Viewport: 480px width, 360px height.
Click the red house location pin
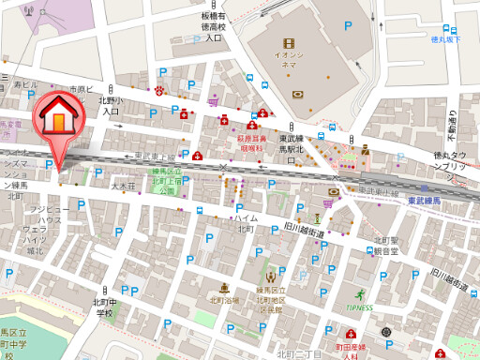point(56,119)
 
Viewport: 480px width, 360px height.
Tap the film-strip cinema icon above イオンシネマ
point(289,42)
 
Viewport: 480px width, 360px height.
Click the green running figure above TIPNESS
point(358,294)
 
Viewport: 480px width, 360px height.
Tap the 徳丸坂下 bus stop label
point(445,39)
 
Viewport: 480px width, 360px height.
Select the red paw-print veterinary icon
point(160,91)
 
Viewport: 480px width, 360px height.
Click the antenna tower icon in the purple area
point(29,12)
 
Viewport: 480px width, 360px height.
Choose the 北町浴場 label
point(225,300)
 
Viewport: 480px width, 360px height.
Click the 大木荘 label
point(125,186)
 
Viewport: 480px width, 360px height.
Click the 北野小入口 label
point(111,105)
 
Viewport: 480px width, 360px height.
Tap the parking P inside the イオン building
point(347,28)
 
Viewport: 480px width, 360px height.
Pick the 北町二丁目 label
point(299,353)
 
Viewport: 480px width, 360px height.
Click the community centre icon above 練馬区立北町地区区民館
point(271,277)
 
